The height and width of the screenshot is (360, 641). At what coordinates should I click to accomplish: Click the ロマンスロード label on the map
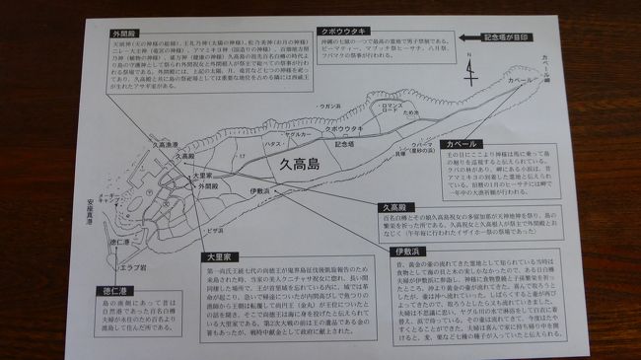392,103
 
